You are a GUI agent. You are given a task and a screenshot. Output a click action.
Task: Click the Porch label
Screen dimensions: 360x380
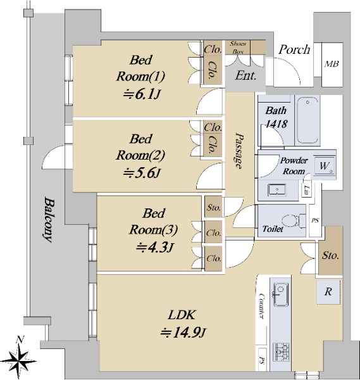pyautogui.click(x=294, y=49)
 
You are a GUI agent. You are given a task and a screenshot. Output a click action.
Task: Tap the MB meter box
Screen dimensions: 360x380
pyautogui.click(x=332, y=65)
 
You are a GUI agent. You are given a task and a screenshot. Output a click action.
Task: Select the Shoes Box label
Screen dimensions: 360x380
pyautogui.click(x=238, y=47)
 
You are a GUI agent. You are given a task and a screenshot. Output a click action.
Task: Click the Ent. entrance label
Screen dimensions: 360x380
pyautogui.click(x=245, y=75)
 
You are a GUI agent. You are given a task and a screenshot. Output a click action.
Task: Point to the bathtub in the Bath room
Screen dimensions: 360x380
pyautogui.click(x=307, y=120)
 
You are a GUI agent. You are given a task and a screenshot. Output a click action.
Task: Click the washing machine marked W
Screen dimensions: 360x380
pyautogui.click(x=325, y=166)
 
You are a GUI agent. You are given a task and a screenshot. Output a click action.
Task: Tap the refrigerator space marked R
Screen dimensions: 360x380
pyautogui.click(x=328, y=292)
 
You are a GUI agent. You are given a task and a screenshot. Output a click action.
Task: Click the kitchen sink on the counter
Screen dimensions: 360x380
pyautogui.click(x=281, y=294)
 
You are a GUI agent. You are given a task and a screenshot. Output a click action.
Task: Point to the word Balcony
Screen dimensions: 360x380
pyautogui.click(x=49, y=220)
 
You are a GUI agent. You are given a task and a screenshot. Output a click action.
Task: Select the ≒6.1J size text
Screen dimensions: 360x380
pyautogui.click(x=142, y=94)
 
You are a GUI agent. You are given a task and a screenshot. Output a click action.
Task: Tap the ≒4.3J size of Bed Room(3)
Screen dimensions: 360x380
pyautogui.click(x=155, y=248)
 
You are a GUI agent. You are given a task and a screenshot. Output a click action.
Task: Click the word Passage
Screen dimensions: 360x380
pyautogui.click(x=239, y=150)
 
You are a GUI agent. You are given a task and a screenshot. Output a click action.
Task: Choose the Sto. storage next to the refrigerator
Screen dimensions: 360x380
pyautogui.click(x=330, y=255)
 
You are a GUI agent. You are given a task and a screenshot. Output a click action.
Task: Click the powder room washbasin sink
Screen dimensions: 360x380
pyautogui.click(x=277, y=190)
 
